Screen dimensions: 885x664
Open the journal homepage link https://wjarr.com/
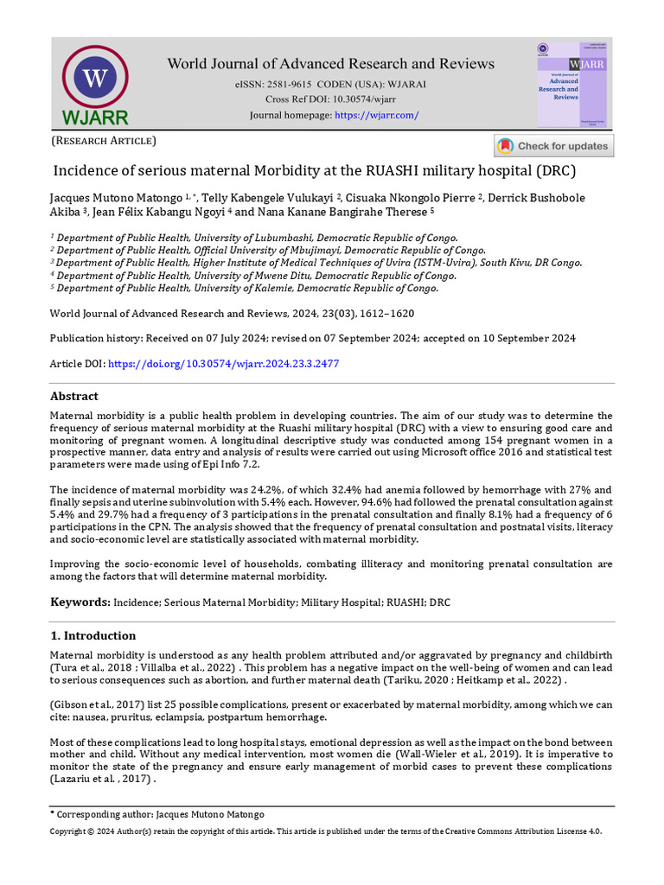376,115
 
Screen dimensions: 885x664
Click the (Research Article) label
104,140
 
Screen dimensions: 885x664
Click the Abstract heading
74,396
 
